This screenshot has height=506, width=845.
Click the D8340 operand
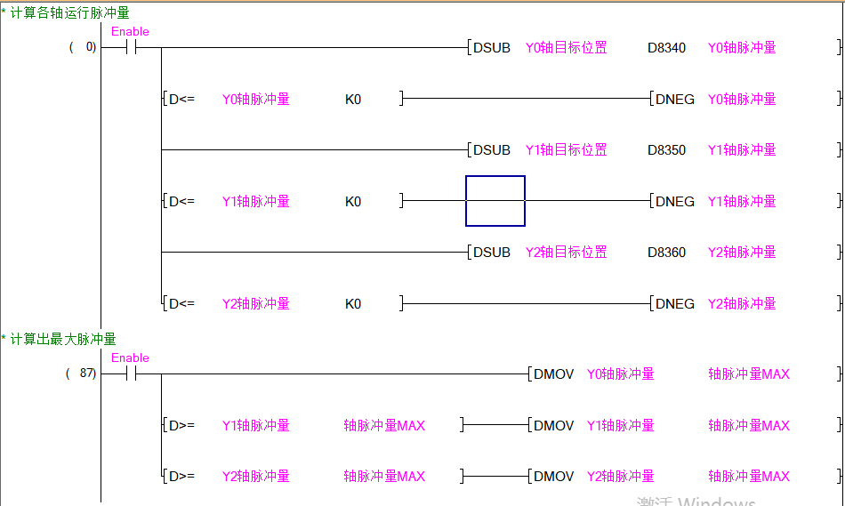click(666, 48)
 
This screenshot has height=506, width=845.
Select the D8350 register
click(666, 150)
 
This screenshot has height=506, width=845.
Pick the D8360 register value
click(666, 253)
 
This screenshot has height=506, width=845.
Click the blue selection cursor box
click(495, 201)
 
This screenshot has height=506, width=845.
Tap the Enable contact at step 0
click(130, 48)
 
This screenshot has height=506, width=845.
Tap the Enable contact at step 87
click(130, 374)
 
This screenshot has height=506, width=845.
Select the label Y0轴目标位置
click(566, 48)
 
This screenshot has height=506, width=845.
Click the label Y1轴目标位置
click(566, 150)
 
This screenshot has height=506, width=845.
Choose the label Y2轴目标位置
click(566, 253)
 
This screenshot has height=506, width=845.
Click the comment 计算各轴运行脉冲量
click(69, 12)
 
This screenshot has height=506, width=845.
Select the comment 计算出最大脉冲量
click(63, 339)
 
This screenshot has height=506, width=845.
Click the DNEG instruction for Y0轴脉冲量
click(674, 100)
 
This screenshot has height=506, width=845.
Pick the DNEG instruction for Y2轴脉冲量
click(674, 304)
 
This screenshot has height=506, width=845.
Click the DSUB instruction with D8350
click(491, 150)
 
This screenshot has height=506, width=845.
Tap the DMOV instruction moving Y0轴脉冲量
click(553, 374)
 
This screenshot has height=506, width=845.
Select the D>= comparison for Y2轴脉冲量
click(181, 477)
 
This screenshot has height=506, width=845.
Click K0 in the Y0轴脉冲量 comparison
click(353, 100)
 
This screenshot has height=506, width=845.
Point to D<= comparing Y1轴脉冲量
click(181, 202)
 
